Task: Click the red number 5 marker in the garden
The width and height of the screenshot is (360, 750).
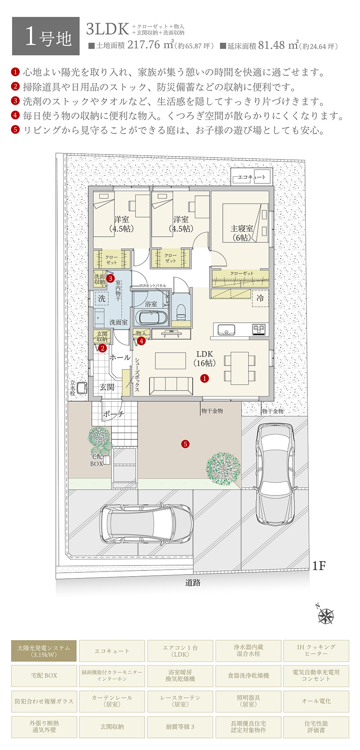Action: point(185,444)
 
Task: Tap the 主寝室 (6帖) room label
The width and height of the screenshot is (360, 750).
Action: point(242,233)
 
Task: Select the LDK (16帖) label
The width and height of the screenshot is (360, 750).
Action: point(205,358)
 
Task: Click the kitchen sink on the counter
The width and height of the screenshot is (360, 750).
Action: point(226,330)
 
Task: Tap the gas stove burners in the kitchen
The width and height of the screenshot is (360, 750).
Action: point(259,329)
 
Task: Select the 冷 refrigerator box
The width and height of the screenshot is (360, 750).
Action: point(260,298)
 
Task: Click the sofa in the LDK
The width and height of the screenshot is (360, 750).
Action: point(171,386)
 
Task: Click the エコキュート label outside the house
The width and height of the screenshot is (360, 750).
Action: point(252,177)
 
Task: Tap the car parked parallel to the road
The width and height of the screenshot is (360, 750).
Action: point(146,525)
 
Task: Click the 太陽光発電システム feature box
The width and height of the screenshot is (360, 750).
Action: point(44,651)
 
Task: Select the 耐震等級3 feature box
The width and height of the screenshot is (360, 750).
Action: point(180,727)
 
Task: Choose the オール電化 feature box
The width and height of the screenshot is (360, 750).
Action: point(316,701)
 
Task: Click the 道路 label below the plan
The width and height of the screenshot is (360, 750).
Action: point(193,583)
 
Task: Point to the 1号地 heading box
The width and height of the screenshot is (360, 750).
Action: point(46,36)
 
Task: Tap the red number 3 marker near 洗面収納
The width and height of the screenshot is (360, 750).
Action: point(110,278)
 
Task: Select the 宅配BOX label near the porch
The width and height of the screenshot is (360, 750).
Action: point(97,460)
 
